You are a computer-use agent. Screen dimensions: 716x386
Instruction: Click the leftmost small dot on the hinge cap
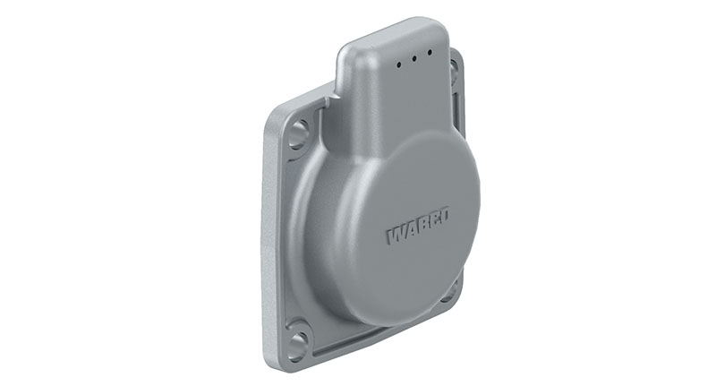(x=399, y=64)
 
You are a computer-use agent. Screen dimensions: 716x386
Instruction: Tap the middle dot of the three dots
(x=414, y=58)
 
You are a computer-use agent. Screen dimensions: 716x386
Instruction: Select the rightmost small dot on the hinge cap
(x=430, y=53)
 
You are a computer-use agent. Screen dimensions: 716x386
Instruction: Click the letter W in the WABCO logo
(x=396, y=235)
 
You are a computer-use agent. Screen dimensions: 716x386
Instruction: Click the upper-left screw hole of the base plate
(x=299, y=133)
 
